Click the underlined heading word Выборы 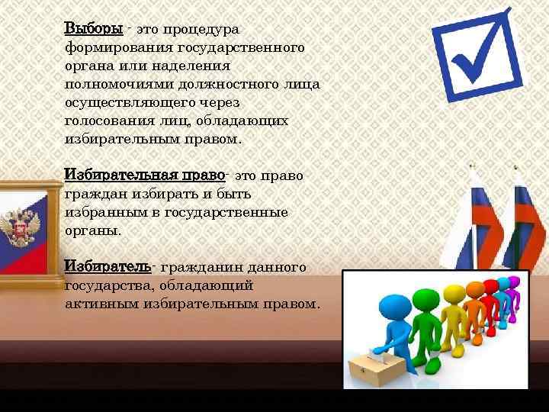tap(93, 29)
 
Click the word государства tap(108, 285)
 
